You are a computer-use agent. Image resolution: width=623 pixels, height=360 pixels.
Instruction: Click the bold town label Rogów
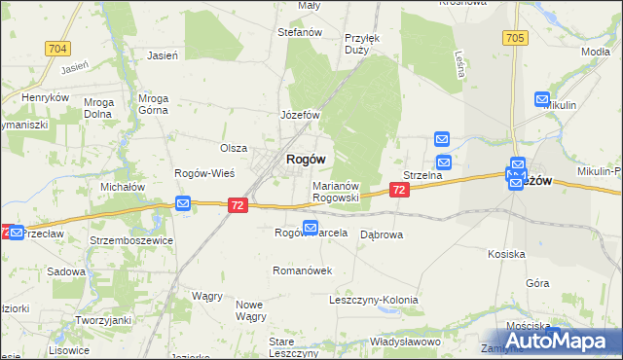[x=305, y=160]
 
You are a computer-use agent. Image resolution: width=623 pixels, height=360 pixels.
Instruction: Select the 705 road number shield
[x=516, y=38]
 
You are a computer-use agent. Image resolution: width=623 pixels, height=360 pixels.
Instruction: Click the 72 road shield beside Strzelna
[x=398, y=192]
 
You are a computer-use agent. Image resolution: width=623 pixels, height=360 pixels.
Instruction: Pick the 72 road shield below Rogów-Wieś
[x=238, y=205]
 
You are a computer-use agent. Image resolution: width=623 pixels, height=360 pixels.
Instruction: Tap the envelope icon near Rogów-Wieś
[x=183, y=202]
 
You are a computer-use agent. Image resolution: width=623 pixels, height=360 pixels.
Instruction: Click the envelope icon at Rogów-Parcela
[x=310, y=229]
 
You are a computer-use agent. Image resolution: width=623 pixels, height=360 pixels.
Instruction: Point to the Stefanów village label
[x=300, y=32]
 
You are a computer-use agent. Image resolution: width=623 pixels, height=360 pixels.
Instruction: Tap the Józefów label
[x=301, y=114]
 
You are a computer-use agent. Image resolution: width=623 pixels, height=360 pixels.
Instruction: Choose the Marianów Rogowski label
[x=337, y=191]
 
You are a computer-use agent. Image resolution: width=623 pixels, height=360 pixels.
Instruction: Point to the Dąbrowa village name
[x=382, y=234]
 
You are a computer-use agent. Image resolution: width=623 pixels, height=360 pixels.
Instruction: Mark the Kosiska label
[x=506, y=253]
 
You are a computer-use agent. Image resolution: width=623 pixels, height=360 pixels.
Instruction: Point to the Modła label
[x=594, y=51]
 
